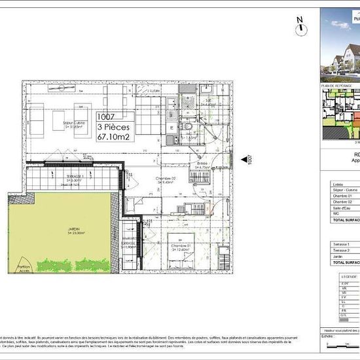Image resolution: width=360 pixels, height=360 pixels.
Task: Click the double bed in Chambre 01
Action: [180, 257]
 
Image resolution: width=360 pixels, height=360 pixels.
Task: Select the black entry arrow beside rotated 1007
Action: [243, 158]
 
